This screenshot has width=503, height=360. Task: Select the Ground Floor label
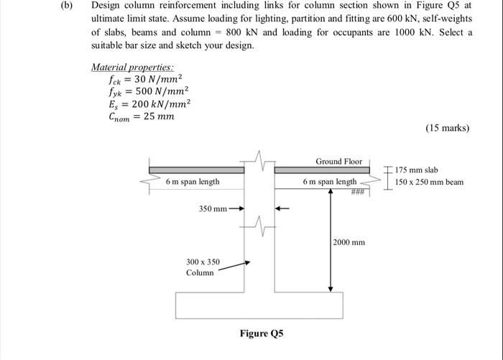click(x=339, y=161)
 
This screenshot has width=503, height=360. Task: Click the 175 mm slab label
click(x=417, y=170)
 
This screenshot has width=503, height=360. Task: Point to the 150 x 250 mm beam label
click(x=430, y=182)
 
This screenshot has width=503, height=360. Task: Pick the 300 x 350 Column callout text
click(x=203, y=267)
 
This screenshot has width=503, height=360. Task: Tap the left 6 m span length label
click(x=193, y=182)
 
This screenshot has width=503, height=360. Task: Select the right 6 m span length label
click(x=329, y=182)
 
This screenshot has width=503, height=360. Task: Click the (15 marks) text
click(x=447, y=129)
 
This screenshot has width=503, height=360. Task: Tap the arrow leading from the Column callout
click(x=234, y=267)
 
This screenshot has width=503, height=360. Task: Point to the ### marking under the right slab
click(x=359, y=191)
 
